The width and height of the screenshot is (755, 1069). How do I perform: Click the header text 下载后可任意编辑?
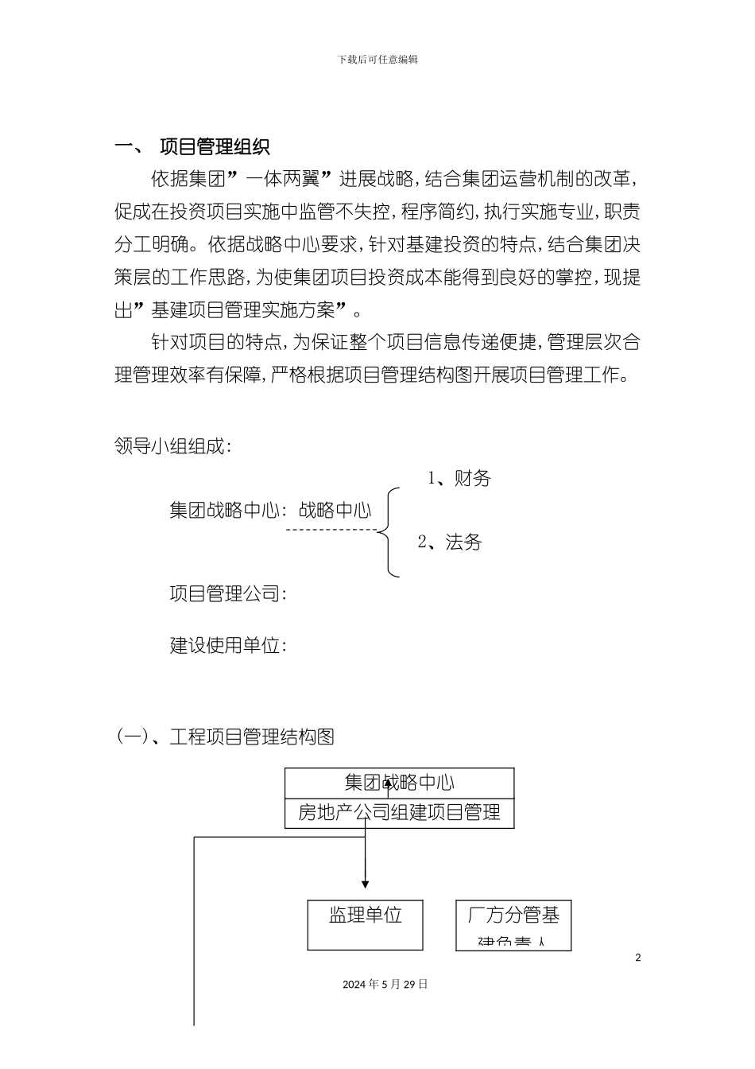[x=377, y=60]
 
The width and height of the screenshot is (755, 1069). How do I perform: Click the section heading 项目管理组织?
[x=215, y=147]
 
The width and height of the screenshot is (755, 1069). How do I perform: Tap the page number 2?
[x=637, y=958]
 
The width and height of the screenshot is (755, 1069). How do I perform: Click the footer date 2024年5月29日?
[x=385, y=984]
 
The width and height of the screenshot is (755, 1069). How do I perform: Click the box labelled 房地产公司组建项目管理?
[x=399, y=813]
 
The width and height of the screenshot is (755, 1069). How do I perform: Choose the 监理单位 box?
[x=366, y=924]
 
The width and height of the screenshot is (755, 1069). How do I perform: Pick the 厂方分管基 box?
[x=513, y=924]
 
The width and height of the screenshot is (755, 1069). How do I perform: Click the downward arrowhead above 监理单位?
[x=366, y=884]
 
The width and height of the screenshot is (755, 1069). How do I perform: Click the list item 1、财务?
[x=459, y=479]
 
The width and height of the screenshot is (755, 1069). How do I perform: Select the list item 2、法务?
[x=450, y=542]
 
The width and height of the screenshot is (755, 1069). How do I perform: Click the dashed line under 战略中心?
[x=331, y=529]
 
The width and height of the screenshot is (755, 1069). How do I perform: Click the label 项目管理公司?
[x=228, y=593]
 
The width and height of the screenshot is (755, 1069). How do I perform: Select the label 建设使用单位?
[x=228, y=645]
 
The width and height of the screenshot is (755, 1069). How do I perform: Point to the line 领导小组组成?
[x=173, y=446]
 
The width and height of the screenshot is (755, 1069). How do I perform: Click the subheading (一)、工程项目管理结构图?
[x=226, y=737]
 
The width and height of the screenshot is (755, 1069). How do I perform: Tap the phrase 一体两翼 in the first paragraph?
[x=279, y=177]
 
